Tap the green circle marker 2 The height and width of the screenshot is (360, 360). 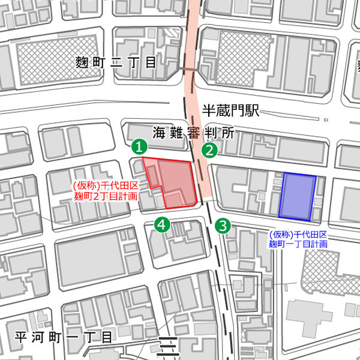(209, 150)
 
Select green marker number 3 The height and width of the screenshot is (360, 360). (223, 226)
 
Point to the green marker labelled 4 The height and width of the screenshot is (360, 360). (162, 224)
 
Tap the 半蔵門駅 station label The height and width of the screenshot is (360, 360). (230, 110)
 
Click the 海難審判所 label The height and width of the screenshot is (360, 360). (193, 132)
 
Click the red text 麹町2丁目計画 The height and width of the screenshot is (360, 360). (106, 196)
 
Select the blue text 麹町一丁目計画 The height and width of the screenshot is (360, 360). (298, 244)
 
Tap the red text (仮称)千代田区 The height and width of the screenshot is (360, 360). (106, 187)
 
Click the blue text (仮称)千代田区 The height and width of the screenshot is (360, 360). (298, 235)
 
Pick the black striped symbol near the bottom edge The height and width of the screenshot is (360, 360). (168, 348)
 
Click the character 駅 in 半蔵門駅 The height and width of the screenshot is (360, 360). (251, 110)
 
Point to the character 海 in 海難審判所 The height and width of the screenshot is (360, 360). (159, 132)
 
